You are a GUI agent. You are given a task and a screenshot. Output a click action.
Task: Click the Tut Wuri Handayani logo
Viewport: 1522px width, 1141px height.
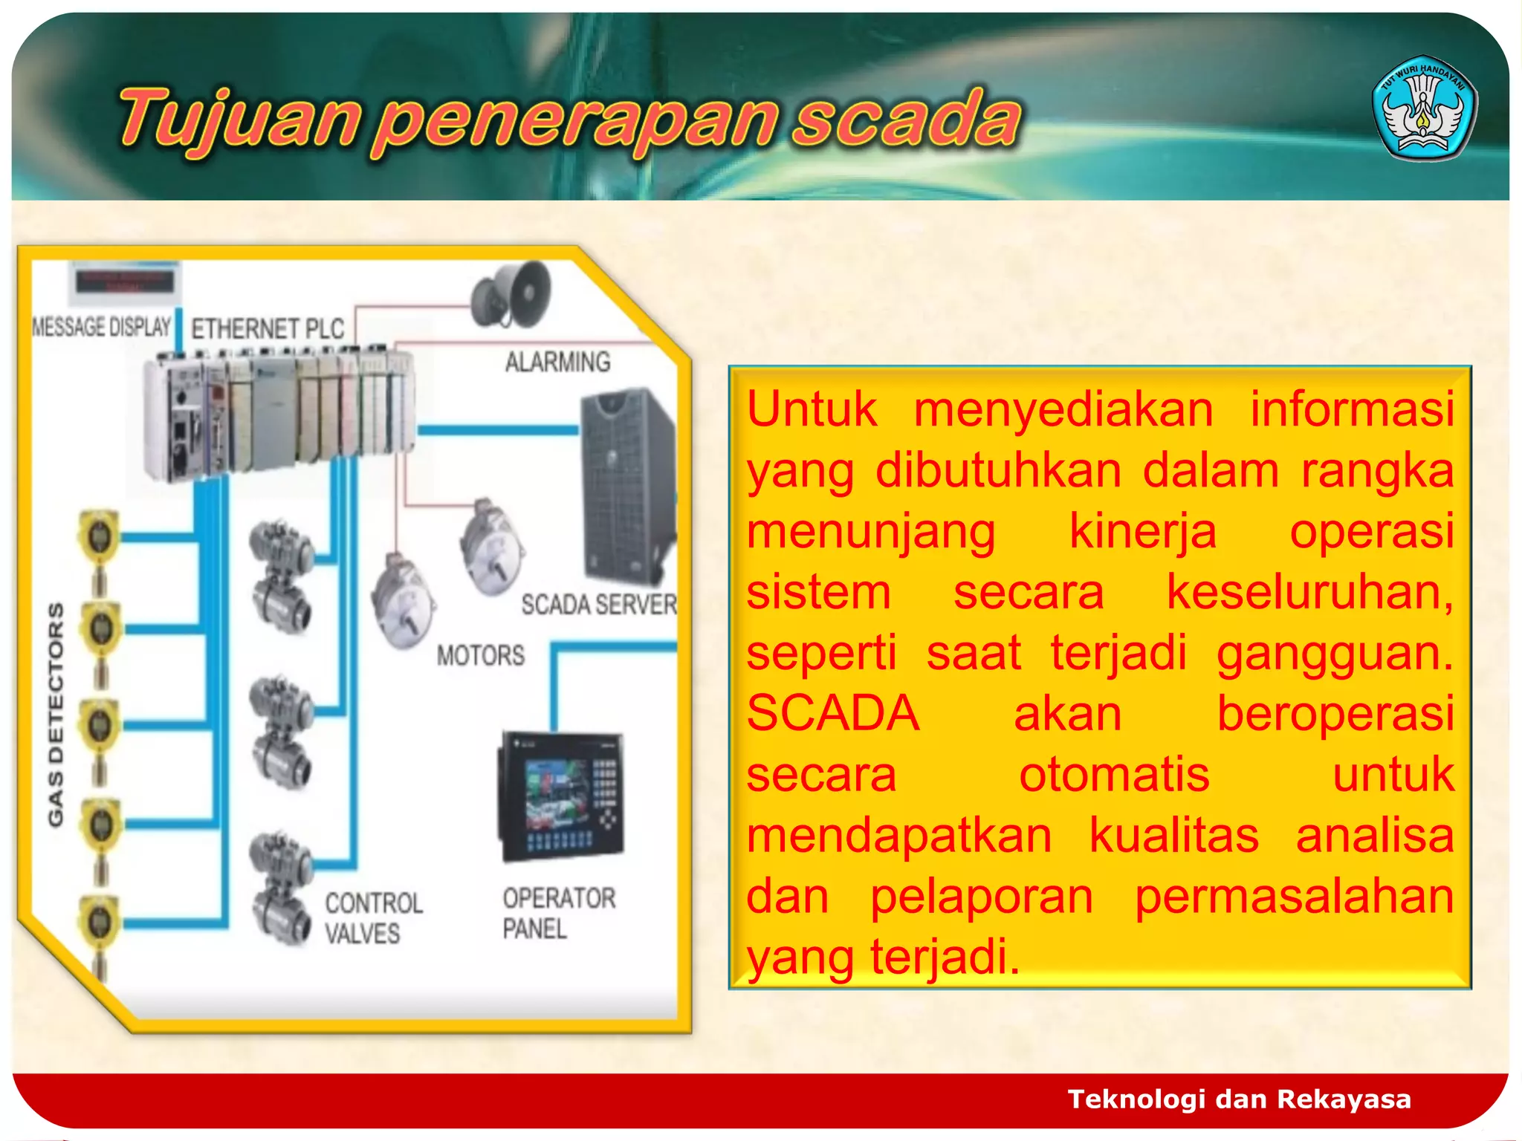coord(1424,108)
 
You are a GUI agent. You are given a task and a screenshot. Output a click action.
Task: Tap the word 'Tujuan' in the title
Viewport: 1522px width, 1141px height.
coord(238,119)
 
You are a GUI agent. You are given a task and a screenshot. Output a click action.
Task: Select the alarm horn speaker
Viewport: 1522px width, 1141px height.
coord(513,295)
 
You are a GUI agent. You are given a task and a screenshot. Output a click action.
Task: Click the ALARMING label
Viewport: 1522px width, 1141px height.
coord(557,362)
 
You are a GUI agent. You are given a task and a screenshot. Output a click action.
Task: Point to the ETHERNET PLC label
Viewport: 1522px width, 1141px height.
coord(268,328)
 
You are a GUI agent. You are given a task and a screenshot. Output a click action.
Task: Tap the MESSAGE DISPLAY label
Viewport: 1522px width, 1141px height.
coord(102,327)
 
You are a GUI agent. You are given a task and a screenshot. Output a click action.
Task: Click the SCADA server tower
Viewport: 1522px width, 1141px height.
coord(626,487)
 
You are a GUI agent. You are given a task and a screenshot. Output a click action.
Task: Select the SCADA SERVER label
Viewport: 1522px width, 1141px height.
coord(598,605)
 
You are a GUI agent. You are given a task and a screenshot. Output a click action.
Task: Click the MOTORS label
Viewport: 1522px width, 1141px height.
coord(480,655)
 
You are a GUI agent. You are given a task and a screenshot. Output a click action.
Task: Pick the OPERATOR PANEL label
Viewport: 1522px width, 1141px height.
coord(559,913)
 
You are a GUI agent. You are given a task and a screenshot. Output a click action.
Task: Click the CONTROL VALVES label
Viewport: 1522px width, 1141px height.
coord(373,918)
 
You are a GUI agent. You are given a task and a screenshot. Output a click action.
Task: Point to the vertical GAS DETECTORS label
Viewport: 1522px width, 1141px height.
coord(56,713)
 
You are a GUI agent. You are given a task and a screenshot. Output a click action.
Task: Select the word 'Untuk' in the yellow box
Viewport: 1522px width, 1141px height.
coord(812,409)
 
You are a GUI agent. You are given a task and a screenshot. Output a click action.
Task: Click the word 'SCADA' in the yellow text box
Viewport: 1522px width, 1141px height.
coord(832,714)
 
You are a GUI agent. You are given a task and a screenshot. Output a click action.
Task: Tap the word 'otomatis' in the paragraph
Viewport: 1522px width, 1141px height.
coord(1113,775)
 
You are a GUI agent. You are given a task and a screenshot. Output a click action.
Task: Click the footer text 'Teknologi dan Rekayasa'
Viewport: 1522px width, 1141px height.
coord(1239,1099)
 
